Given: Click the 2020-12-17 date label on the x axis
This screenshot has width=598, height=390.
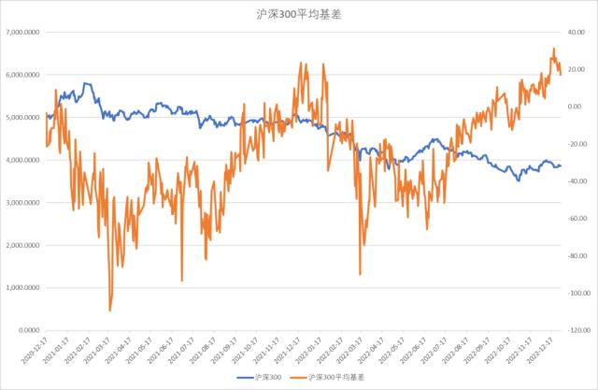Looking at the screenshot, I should pyautogui.click(x=34, y=354).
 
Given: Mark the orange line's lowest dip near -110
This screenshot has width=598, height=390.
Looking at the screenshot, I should pyautogui.click(x=110, y=311).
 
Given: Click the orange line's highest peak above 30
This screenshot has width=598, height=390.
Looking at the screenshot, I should pyautogui.click(x=553, y=49).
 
